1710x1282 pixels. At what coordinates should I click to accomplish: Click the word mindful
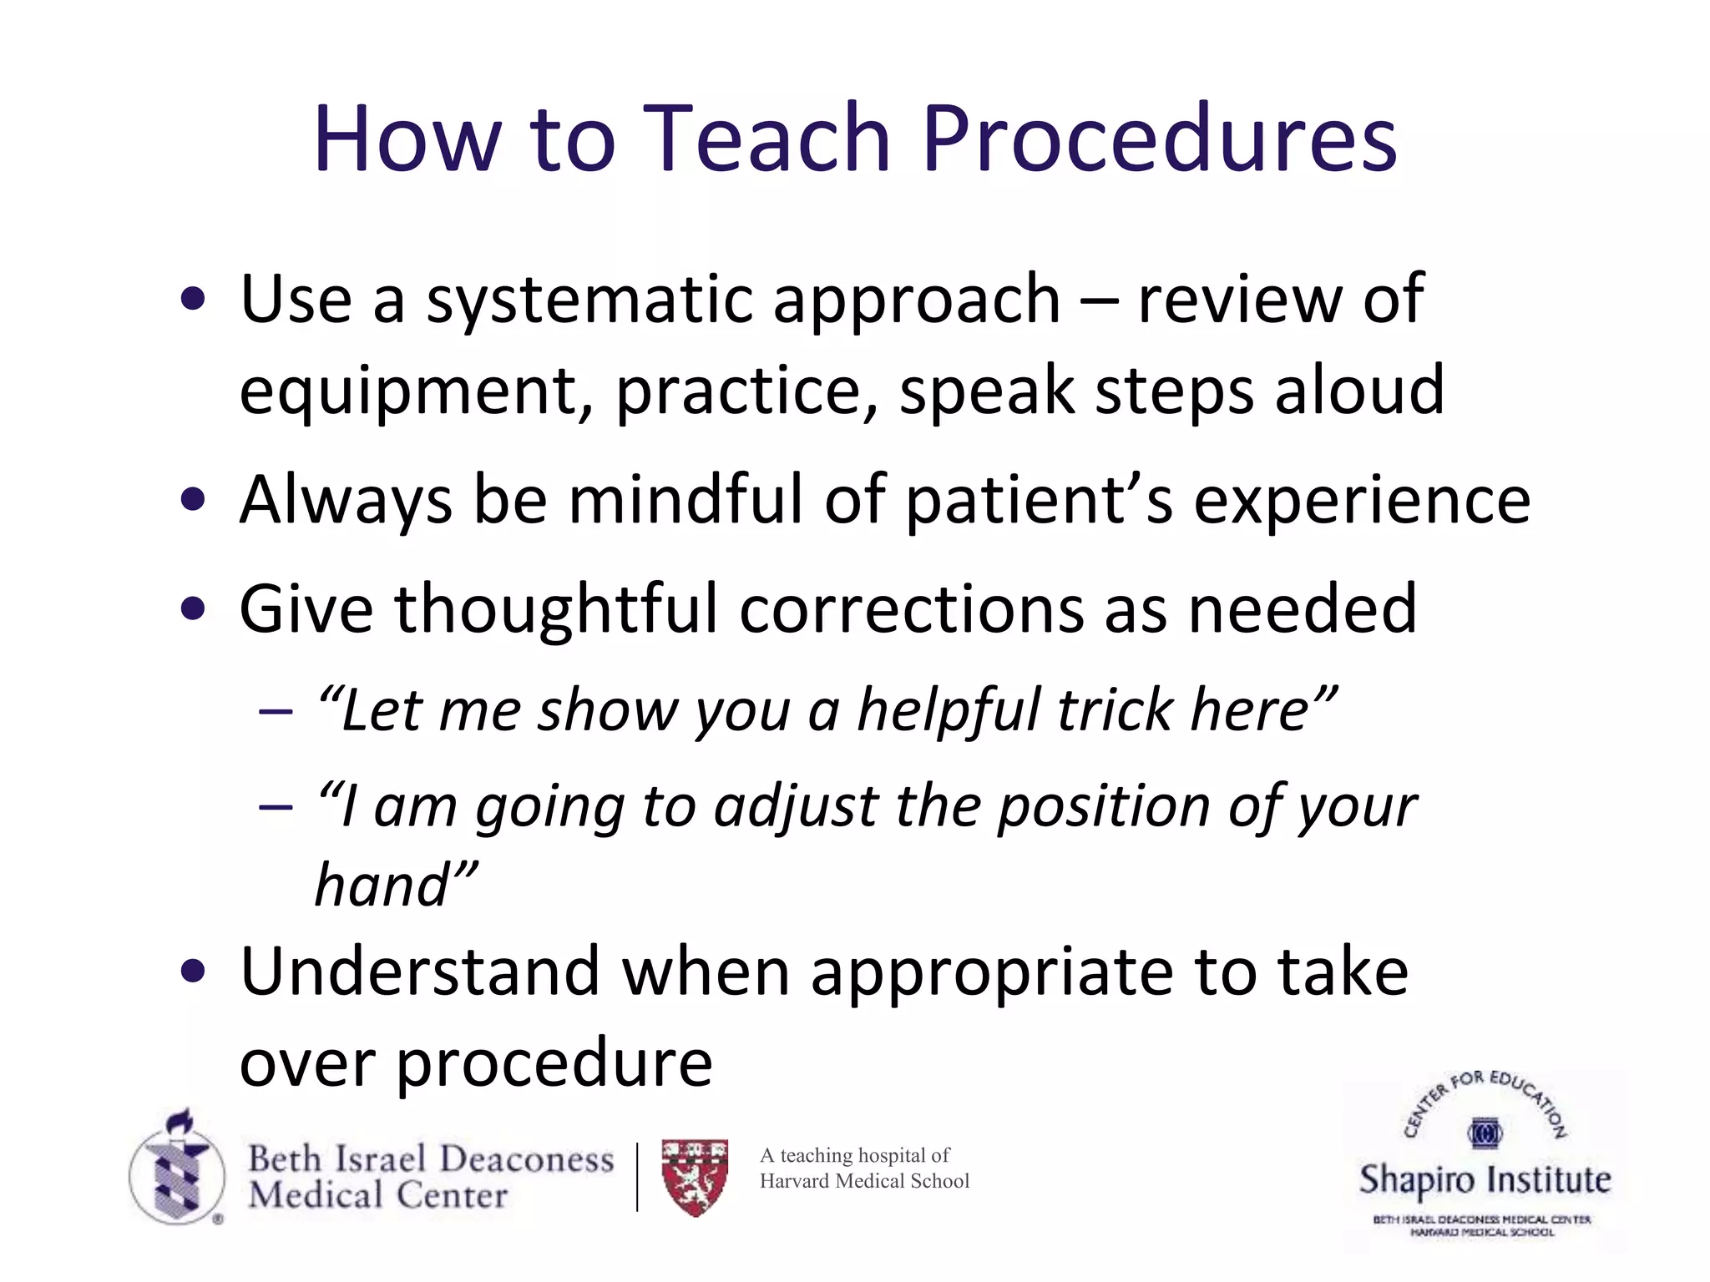pos(685,501)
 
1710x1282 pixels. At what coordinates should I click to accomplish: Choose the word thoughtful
pos(556,609)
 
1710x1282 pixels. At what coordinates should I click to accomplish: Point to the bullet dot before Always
pos(193,501)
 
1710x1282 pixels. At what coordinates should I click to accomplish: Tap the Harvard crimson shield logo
pos(695,1177)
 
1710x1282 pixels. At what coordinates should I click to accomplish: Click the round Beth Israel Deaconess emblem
pos(177,1173)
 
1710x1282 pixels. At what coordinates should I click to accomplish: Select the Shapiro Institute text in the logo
pos(1485,1180)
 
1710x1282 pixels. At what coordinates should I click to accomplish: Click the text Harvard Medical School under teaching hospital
pos(864,1181)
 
